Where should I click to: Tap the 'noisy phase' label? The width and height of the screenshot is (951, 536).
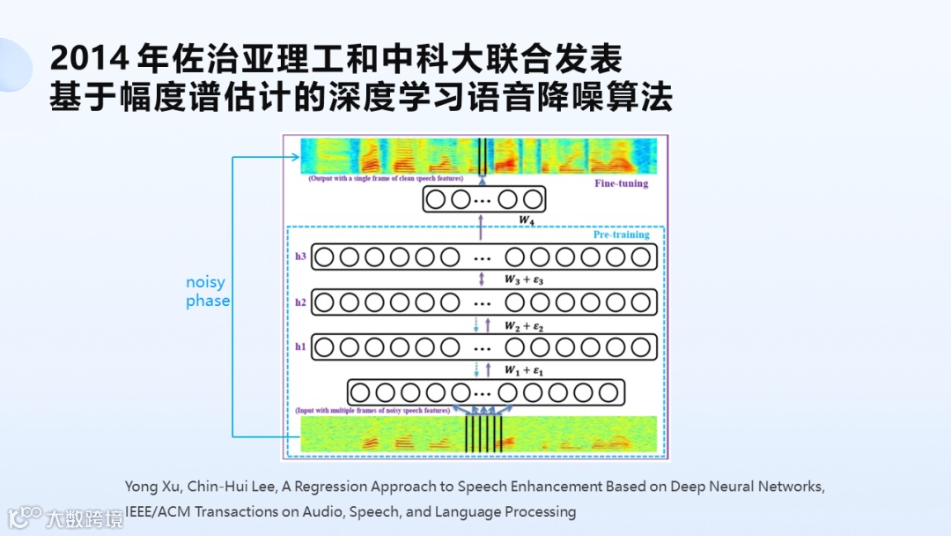pyautogui.click(x=207, y=291)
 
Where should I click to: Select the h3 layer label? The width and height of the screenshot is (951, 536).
pyautogui.click(x=300, y=257)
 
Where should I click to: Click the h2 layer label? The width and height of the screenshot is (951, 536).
pyautogui.click(x=300, y=302)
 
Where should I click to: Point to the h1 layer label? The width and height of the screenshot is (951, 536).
pyautogui.click(x=300, y=347)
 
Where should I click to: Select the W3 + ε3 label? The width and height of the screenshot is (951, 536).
pyautogui.click(x=525, y=279)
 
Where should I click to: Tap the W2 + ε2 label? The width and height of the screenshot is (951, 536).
pyautogui.click(x=525, y=325)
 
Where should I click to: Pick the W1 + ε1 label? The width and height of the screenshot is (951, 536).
pyautogui.click(x=525, y=370)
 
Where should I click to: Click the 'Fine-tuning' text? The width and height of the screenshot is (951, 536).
pyautogui.click(x=621, y=183)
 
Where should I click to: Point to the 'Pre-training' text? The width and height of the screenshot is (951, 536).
pyautogui.click(x=621, y=234)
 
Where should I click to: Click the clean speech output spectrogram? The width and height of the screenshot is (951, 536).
pyautogui.click(x=477, y=156)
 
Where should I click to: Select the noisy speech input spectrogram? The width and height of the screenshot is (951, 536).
pyautogui.click(x=479, y=435)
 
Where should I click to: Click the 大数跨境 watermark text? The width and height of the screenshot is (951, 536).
pyautogui.click(x=85, y=518)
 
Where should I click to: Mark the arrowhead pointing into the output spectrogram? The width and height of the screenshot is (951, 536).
pyautogui.click(x=295, y=157)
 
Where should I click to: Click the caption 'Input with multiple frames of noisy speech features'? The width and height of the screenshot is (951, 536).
pyautogui.click(x=374, y=410)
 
